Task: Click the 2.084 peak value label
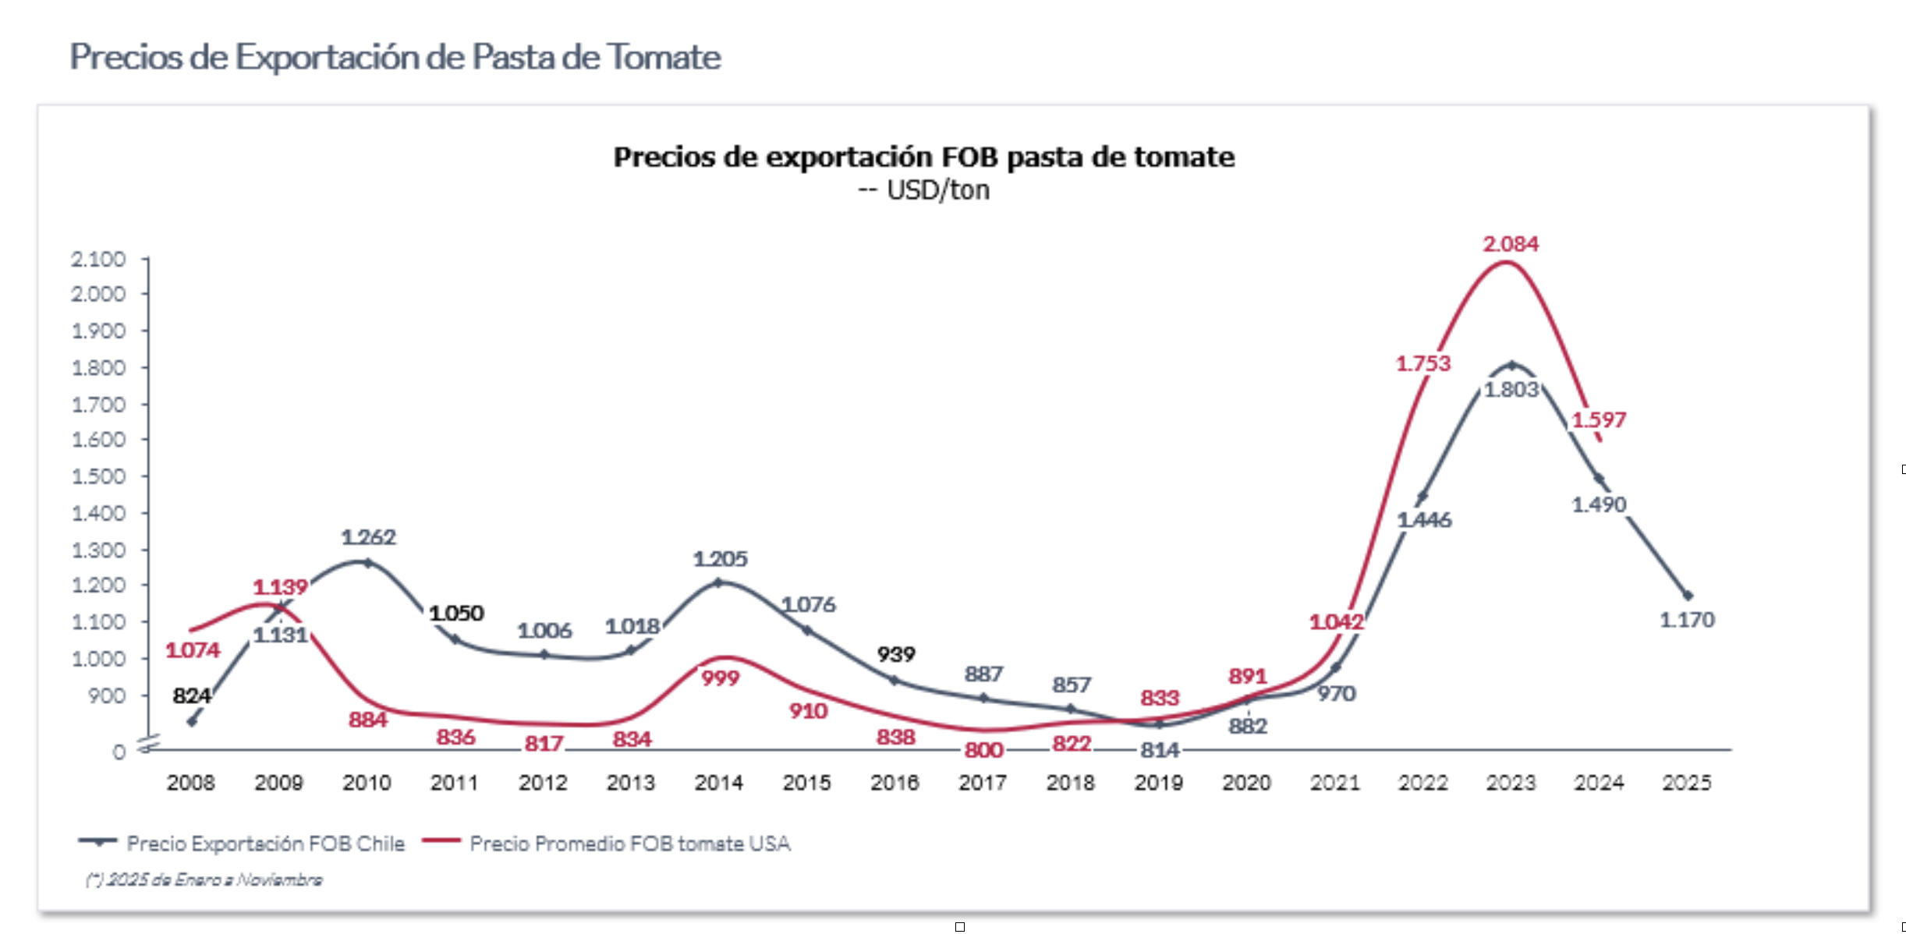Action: point(1510,244)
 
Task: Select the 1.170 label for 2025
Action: point(1687,620)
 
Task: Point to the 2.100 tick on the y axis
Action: point(98,259)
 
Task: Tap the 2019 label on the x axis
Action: point(1158,782)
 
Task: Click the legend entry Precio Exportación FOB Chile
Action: point(265,844)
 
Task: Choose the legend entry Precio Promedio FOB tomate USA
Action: point(629,844)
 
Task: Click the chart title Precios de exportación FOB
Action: point(923,157)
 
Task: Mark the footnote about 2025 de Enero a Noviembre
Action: point(204,880)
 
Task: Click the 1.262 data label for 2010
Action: point(368,537)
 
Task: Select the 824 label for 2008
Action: point(191,695)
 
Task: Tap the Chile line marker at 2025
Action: point(1688,596)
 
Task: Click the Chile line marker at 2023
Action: point(1511,365)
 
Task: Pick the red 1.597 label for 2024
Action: point(1598,420)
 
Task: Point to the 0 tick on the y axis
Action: point(119,752)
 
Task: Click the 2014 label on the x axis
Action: point(718,782)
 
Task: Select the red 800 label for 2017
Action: point(983,750)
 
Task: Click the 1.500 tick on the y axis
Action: point(98,476)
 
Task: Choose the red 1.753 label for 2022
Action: point(1422,363)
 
